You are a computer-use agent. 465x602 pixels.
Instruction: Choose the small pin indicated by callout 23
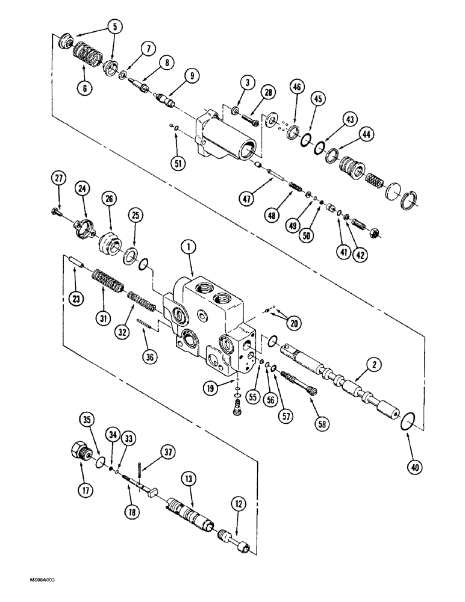(x=73, y=262)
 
